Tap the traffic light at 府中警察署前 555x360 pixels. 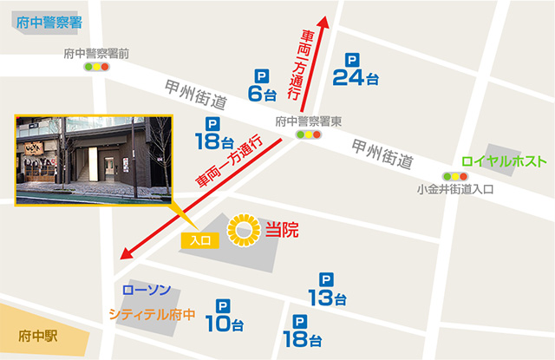pyautogui.click(x=96, y=67)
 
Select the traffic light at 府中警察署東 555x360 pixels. pyautogui.click(x=308, y=135)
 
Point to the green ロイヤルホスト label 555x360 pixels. pyautogui.click(x=504, y=162)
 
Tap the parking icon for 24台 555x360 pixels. pyautogui.click(x=351, y=61)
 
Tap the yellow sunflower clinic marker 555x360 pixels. pyautogui.click(x=244, y=231)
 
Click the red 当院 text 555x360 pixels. pyautogui.click(x=282, y=231)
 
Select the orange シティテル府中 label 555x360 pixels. pyautogui.click(x=153, y=314)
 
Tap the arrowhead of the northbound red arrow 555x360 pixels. pyautogui.click(x=323, y=23)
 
